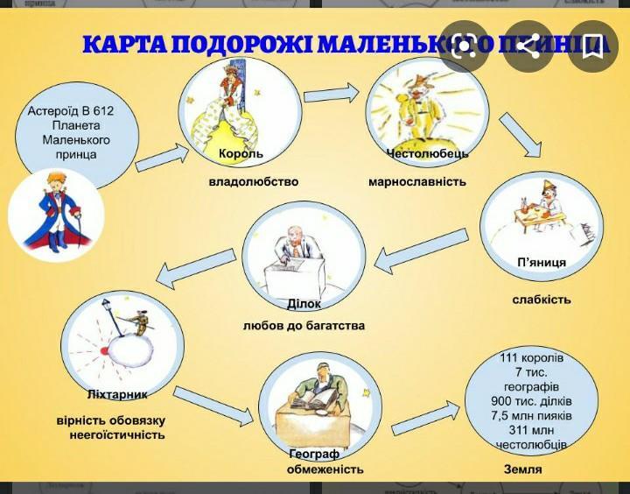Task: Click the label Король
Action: [x=241, y=154]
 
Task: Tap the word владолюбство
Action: [x=254, y=182]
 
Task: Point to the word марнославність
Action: [x=417, y=182]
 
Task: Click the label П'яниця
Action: [x=542, y=263]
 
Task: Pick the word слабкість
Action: [x=542, y=300]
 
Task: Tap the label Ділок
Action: [x=304, y=304]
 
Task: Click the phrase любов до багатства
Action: [x=304, y=326]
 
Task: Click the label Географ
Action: [x=314, y=454]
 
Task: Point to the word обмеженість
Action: [x=325, y=469]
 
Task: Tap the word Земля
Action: [x=522, y=469]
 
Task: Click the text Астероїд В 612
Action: [x=71, y=111]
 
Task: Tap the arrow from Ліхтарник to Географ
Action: [x=213, y=404]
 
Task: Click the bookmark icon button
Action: [x=591, y=46]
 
